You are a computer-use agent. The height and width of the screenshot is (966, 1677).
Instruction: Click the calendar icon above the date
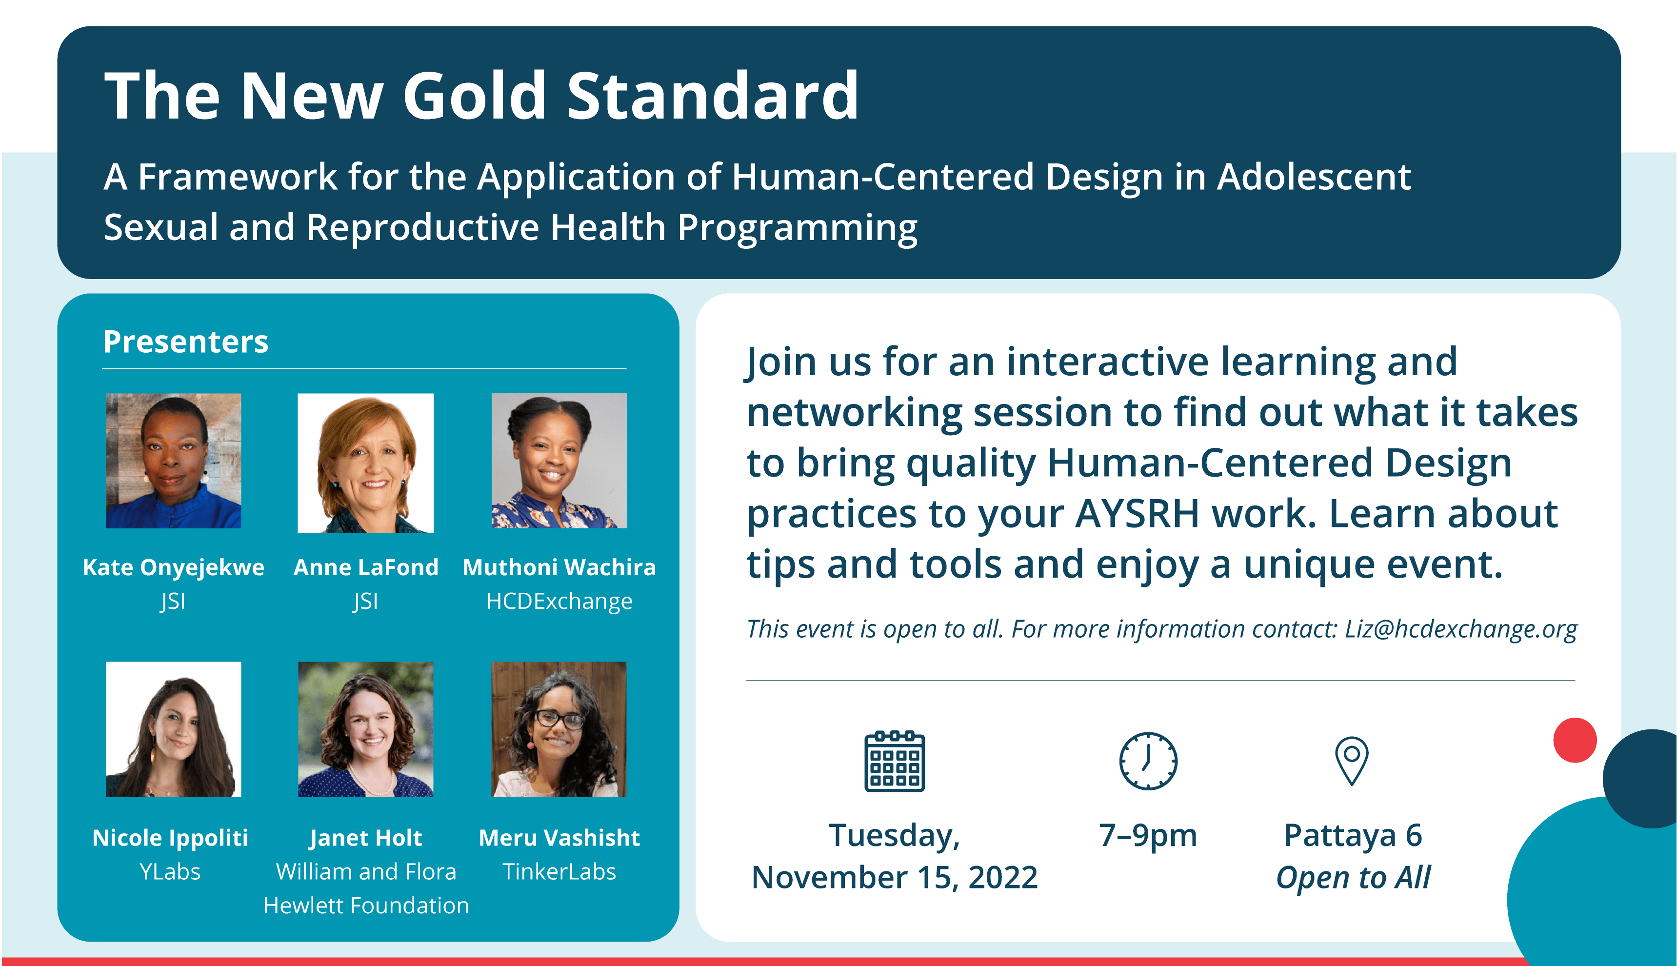point(894,761)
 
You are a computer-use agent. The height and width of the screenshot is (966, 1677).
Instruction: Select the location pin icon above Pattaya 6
point(1352,761)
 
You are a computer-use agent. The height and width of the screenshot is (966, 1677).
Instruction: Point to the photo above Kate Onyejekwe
point(174,461)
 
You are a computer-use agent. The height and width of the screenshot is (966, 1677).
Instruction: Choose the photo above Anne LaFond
point(365,463)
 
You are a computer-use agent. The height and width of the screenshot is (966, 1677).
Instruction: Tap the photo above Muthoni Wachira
point(559,461)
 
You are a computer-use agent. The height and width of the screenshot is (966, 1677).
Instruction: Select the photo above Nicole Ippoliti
point(174,729)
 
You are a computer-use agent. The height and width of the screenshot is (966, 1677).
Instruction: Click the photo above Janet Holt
point(365,729)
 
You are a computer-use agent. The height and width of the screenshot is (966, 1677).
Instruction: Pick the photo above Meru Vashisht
point(559,729)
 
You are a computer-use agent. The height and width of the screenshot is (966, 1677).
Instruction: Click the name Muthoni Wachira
point(559,567)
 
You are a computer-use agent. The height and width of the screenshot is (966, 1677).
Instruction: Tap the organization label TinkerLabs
point(559,871)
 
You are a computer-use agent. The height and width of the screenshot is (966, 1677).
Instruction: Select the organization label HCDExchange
point(559,601)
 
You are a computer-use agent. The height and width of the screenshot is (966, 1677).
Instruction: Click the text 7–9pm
point(1148,835)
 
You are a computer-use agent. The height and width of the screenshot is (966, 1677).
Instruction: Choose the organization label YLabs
point(170,871)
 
